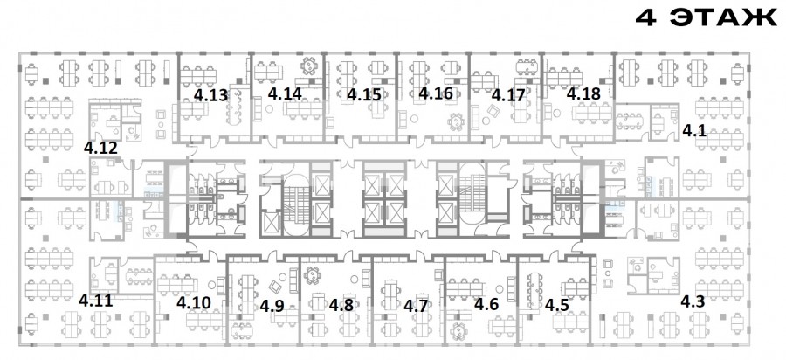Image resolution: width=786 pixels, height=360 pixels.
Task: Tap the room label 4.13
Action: [211, 95]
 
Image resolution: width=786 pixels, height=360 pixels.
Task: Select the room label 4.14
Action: [285, 93]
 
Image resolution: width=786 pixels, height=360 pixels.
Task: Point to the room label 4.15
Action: [364, 94]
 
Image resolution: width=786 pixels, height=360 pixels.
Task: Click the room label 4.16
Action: [436, 93]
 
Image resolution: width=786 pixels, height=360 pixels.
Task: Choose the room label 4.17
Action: [507, 94]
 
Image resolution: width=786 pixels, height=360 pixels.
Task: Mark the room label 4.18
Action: [583, 93]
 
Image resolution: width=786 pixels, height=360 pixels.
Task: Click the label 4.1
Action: [694, 131]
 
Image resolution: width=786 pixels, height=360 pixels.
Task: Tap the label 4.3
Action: [693, 301]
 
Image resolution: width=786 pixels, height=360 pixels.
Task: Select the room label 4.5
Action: [557, 304]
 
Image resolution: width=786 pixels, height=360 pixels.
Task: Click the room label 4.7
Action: [416, 305]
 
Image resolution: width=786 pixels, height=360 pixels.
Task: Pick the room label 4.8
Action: [341, 304]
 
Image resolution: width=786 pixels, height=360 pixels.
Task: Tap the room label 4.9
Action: [272, 305]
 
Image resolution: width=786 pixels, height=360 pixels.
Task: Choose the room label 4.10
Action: [194, 303]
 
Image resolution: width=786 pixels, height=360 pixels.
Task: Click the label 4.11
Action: [96, 301]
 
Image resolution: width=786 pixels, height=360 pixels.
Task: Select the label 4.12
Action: [100, 148]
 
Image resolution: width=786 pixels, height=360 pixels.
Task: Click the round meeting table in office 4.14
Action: [309, 66]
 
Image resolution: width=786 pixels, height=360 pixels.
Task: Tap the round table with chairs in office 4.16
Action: [456, 121]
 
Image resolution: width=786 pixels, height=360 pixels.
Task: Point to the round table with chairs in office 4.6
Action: [458, 331]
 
